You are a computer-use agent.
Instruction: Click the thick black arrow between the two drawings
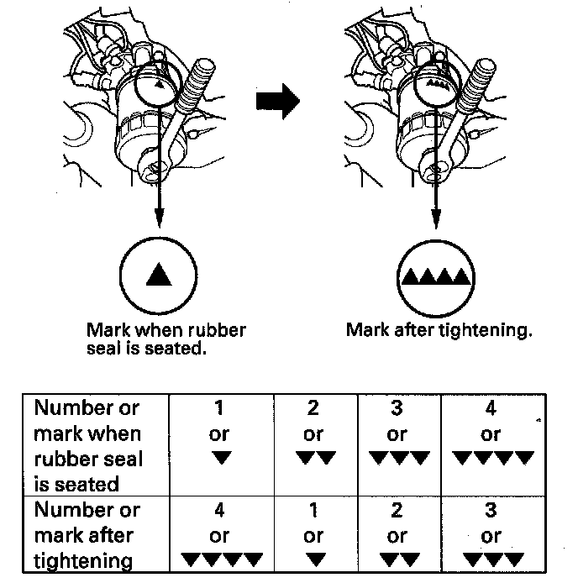(277, 102)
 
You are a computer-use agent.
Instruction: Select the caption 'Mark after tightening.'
(439, 329)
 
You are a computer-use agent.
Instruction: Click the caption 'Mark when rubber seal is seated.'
(166, 339)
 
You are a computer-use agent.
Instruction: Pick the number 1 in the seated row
(220, 408)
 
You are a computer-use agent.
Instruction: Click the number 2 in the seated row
(314, 408)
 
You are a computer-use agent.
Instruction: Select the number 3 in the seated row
(397, 408)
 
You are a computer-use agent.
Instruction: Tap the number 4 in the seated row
(491, 408)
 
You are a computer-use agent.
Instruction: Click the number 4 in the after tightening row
(220, 510)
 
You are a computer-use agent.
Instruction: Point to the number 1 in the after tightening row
(314, 510)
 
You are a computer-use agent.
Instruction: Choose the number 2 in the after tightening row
(397, 510)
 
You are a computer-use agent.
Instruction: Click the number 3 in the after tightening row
(491, 510)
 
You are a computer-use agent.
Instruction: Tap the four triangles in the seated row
(492, 459)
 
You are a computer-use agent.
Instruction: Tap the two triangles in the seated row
(314, 459)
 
